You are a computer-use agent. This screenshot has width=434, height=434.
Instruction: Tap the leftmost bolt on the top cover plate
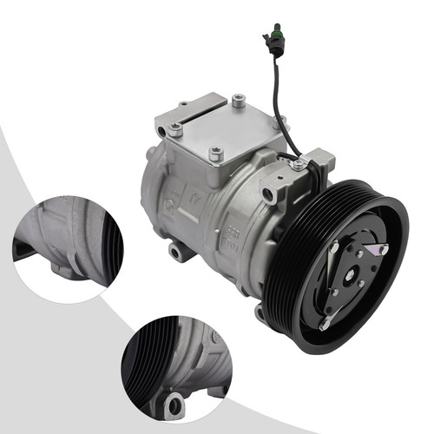pos(176,130)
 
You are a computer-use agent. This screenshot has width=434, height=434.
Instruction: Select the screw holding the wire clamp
pos(299,161)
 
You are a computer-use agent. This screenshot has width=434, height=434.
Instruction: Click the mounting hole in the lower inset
pos(176,403)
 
